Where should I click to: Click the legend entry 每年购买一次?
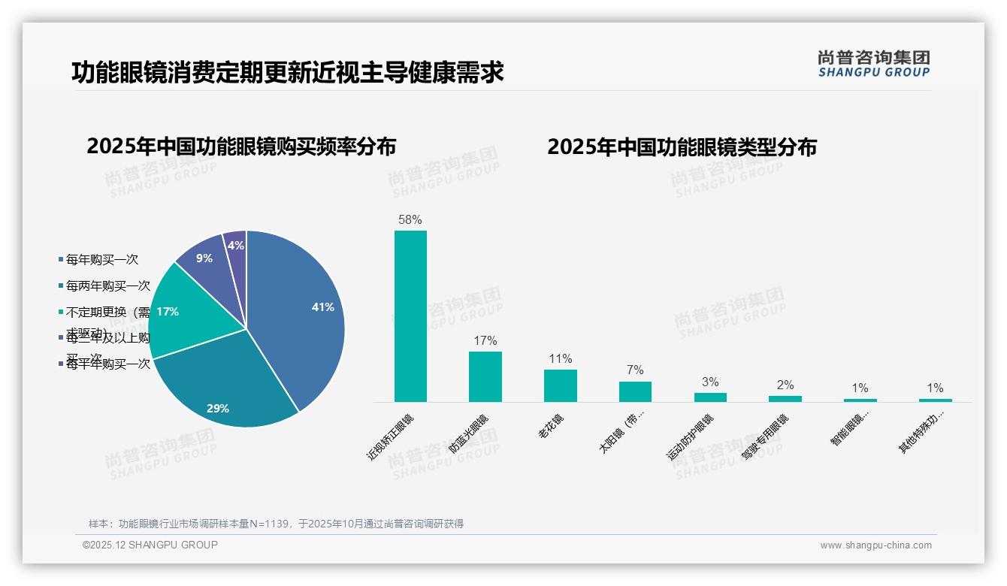pyautogui.click(x=101, y=260)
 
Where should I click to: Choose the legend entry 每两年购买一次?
pyautogui.click(x=107, y=286)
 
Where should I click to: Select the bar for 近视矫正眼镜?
pyautogui.click(x=410, y=316)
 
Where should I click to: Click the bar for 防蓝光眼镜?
pyautogui.click(x=485, y=376)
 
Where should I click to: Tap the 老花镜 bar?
pyautogui.click(x=560, y=385)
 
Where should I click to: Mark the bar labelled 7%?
pyautogui.click(x=635, y=391)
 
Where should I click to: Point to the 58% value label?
pyautogui.click(x=410, y=220)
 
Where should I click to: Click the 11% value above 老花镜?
pyautogui.click(x=560, y=359)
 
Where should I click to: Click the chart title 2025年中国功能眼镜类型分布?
pyautogui.click(x=682, y=147)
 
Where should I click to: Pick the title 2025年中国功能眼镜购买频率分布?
pyautogui.click(x=241, y=146)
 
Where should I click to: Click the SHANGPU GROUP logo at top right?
pyautogui.click(x=874, y=64)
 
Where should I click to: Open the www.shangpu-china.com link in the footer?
pyautogui.click(x=875, y=545)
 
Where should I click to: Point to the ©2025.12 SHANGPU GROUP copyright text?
pyautogui.click(x=150, y=545)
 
